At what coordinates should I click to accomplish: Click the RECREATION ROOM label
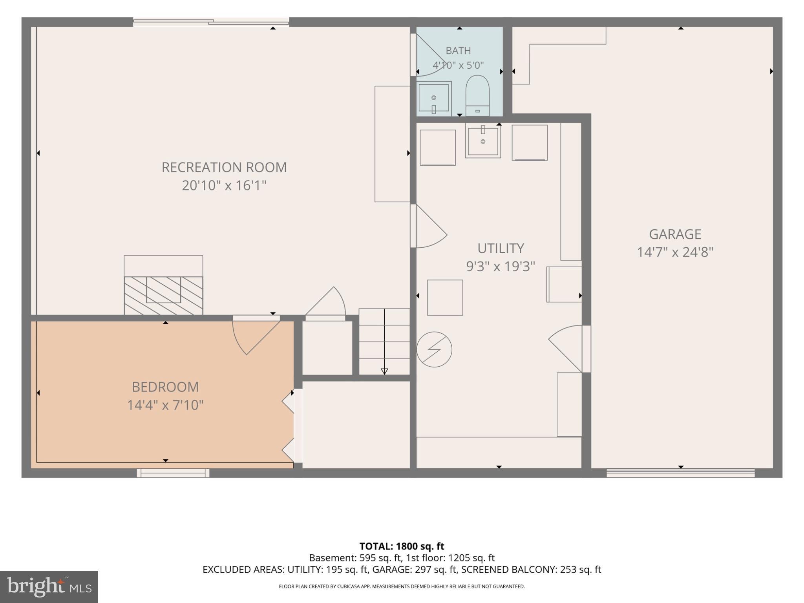(224, 167)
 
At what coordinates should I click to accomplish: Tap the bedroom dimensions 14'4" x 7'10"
(165, 405)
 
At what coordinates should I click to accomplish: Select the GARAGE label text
(675, 234)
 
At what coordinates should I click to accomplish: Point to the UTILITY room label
(501, 249)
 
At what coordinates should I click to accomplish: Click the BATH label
(458, 51)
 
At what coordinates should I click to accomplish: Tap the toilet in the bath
(477, 96)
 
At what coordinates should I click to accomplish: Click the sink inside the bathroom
(434, 99)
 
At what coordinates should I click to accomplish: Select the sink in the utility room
(483, 140)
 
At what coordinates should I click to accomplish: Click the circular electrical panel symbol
(434, 349)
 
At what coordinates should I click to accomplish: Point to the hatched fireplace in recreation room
(163, 295)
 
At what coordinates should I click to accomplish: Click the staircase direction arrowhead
(384, 371)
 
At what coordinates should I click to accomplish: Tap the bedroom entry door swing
(256, 337)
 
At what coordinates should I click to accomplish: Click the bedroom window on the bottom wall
(173, 473)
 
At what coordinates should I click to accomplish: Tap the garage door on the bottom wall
(680, 473)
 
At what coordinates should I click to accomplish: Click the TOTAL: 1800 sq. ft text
(402, 546)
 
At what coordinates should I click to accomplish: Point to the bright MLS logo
(49, 587)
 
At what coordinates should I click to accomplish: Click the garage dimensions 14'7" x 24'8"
(675, 252)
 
